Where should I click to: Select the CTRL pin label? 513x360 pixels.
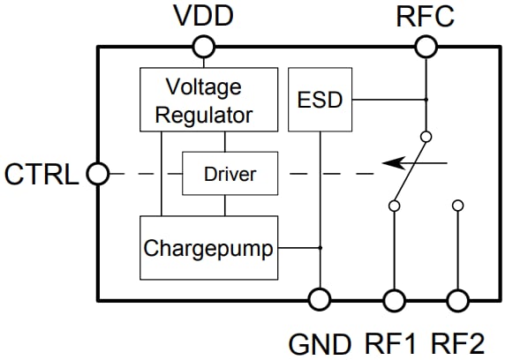pos(42,174)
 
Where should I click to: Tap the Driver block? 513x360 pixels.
pos(230,174)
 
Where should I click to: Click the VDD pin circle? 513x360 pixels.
pos(205,45)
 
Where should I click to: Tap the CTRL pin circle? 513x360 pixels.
pos(97,174)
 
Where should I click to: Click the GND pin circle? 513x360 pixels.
pos(318,300)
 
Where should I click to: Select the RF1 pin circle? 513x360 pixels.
pos(393,300)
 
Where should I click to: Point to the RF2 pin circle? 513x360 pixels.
pos(457,300)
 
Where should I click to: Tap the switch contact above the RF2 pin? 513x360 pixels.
pos(457,206)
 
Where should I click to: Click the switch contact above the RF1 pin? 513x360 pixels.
pos(393,206)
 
